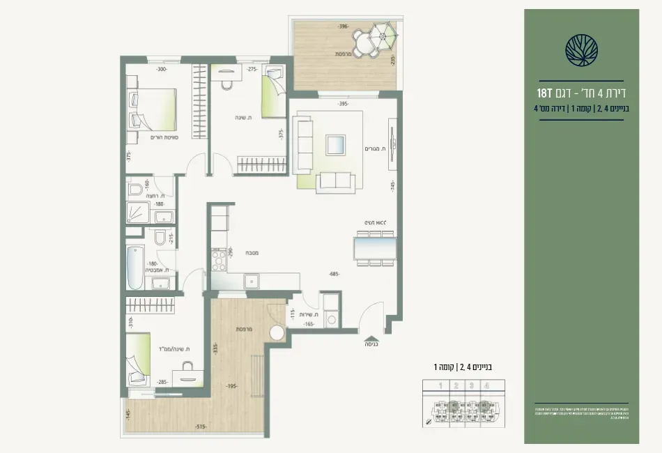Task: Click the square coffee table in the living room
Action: pos(335,145)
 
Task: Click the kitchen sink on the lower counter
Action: pos(251,281)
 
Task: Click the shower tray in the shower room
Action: pos(137,213)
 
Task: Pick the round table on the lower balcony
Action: pos(277,332)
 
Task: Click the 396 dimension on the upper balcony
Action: pos(343,26)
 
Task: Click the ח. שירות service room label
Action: pos(309,314)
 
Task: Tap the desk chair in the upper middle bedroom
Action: pos(226,84)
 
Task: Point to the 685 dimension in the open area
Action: pos(334,274)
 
